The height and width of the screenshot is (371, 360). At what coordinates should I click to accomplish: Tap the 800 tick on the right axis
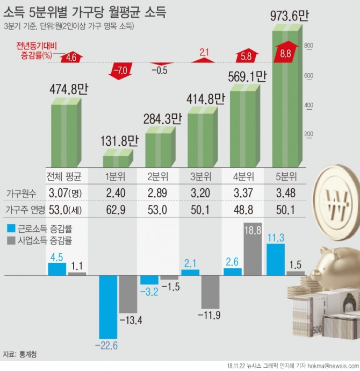pyautogui.click(x=308, y=46)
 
